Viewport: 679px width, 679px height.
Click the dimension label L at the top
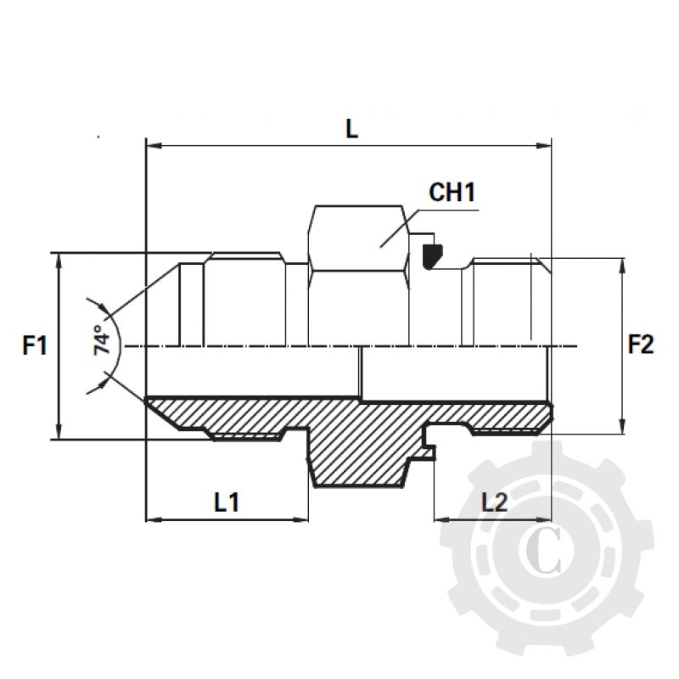(351, 128)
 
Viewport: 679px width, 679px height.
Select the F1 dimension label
(35, 345)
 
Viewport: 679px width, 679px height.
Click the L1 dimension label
(226, 502)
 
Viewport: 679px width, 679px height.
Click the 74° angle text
(104, 339)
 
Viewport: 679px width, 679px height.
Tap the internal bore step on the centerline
(361, 373)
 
